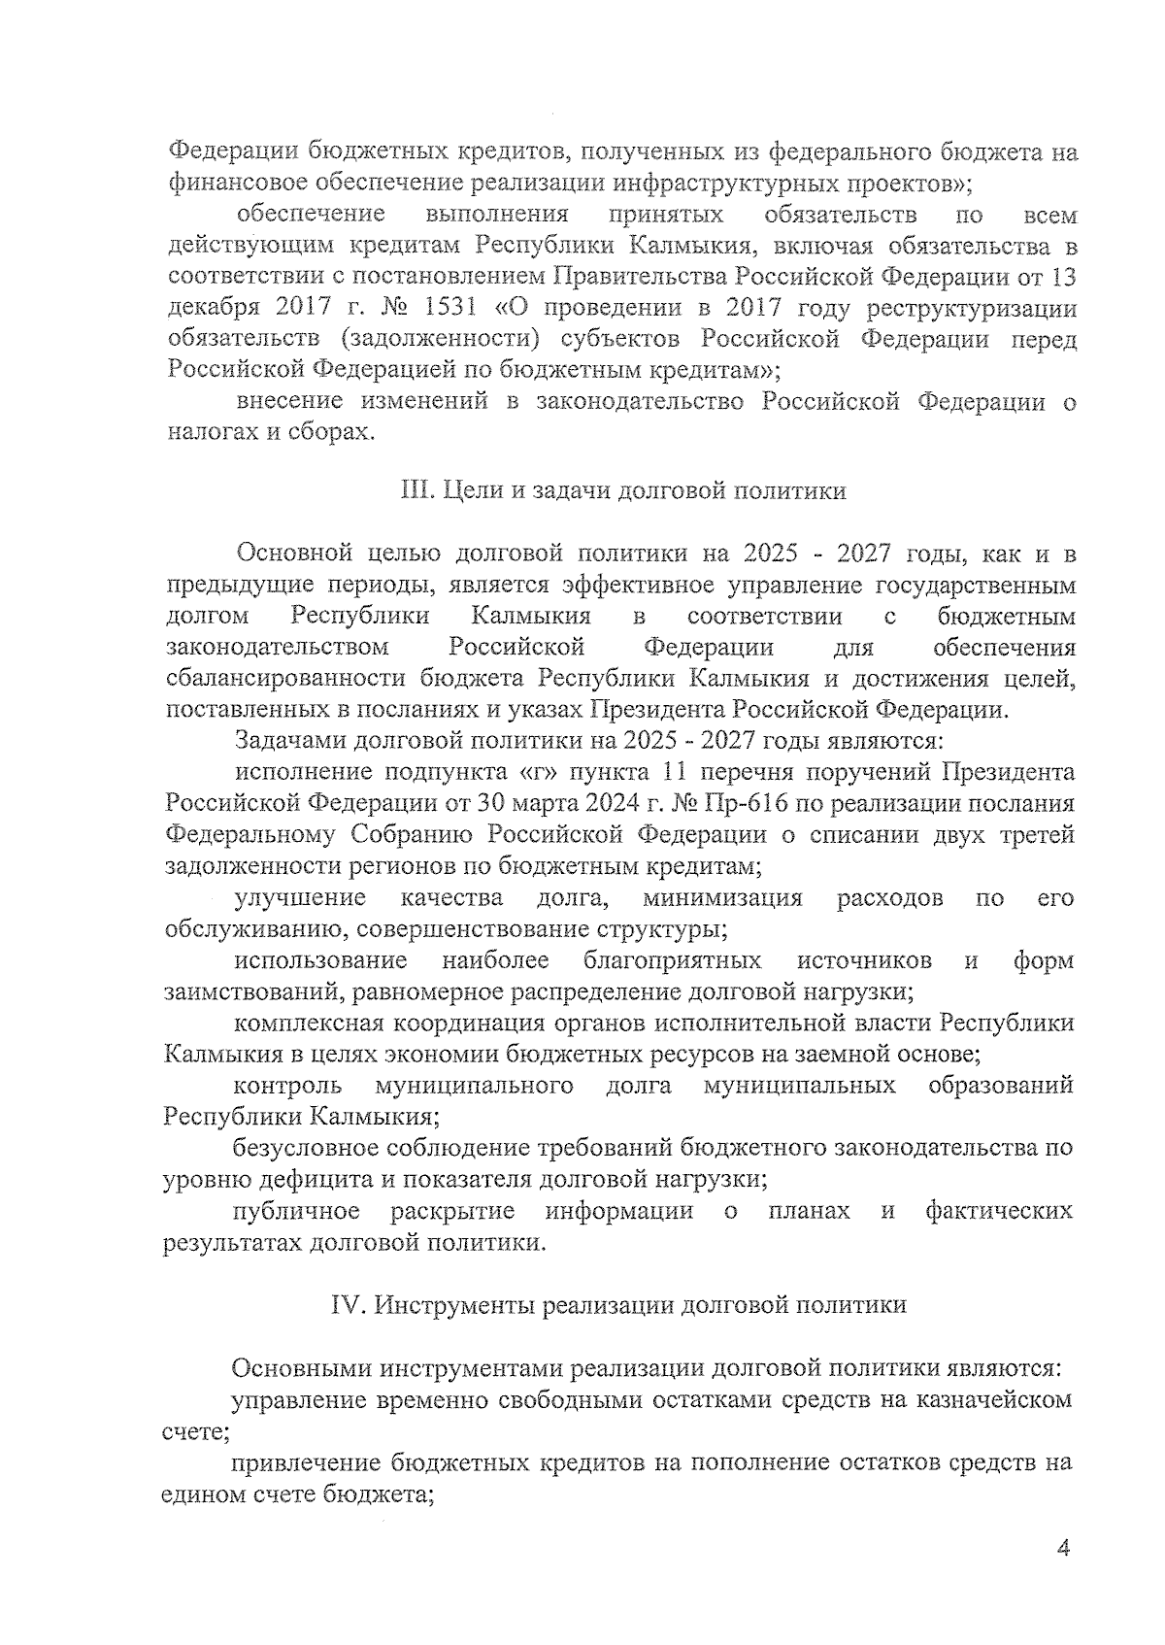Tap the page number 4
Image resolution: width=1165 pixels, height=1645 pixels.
click(x=1062, y=1549)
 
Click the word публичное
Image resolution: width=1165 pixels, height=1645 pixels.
click(x=296, y=1210)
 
